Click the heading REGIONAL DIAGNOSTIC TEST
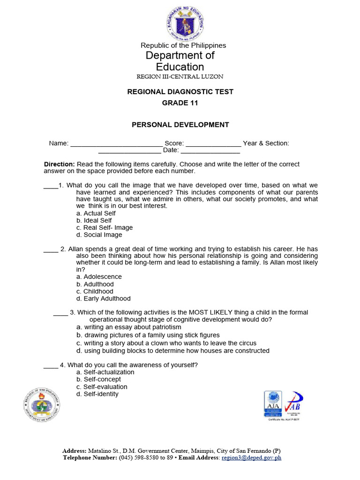tap(180, 92)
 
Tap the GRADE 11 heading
tap(180, 103)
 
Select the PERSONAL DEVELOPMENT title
tap(180, 125)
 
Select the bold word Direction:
tap(59, 165)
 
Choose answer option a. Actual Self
tap(96, 213)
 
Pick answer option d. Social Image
tap(99, 235)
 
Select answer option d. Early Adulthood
tap(104, 299)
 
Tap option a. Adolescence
tap(99, 277)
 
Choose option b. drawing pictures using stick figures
tap(148, 336)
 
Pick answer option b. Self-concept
tap(99, 379)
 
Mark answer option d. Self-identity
tap(97, 394)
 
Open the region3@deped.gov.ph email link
tap(251, 458)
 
